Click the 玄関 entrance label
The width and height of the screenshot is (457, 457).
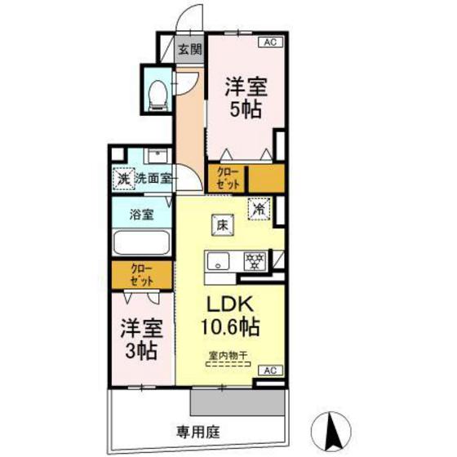pyautogui.click(x=189, y=49)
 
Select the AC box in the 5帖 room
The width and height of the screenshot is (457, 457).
pyautogui.click(x=270, y=41)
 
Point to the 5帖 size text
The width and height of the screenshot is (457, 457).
pyautogui.click(x=245, y=110)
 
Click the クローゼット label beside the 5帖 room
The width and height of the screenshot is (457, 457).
pyautogui.click(x=227, y=178)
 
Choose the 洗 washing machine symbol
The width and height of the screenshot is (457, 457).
pyautogui.click(x=123, y=177)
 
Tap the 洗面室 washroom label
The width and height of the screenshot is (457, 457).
pyautogui.click(x=153, y=177)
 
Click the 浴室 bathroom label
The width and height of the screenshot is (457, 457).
pyautogui.click(x=142, y=215)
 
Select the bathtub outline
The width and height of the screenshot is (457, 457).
pyautogui.click(x=142, y=242)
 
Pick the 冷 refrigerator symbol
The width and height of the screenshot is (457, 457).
pyautogui.click(x=260, y=208)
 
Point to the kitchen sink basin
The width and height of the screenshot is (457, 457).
pyautogui.click(x=219, y=262)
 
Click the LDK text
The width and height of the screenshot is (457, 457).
pyautogui.click(x=230, y=304)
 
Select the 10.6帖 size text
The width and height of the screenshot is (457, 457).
pyautogui.click(x=230, y=328)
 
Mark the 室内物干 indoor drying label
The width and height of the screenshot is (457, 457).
pyautogui.click(x=230, y=356)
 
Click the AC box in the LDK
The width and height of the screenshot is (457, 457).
pyautogui.click(x=270, y=370)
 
